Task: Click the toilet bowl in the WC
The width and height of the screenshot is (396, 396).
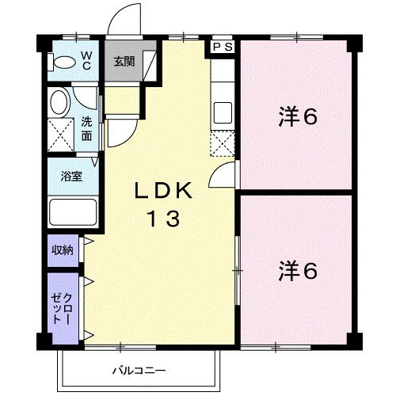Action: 63,63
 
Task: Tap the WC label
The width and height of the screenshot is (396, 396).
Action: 86,61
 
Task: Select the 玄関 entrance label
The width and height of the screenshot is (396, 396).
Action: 124,62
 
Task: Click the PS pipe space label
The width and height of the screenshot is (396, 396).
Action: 223,47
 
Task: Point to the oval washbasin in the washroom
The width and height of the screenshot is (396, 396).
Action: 60,102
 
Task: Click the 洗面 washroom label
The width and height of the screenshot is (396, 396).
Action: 86,129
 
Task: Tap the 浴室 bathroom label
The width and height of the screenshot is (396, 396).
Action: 71,177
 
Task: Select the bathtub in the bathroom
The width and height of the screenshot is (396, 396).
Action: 73,212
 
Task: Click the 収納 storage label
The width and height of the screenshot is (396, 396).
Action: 63,249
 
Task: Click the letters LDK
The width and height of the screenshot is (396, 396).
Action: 163,191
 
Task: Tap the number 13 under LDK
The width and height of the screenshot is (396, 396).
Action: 164,219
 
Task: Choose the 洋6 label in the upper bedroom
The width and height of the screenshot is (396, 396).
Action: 298,116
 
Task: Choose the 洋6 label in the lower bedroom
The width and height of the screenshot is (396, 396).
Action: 298,271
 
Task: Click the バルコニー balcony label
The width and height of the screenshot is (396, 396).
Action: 139,371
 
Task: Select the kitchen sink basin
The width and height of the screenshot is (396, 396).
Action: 223,113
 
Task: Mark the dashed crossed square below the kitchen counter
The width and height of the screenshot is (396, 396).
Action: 223,144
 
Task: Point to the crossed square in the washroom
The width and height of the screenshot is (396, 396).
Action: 61,135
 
